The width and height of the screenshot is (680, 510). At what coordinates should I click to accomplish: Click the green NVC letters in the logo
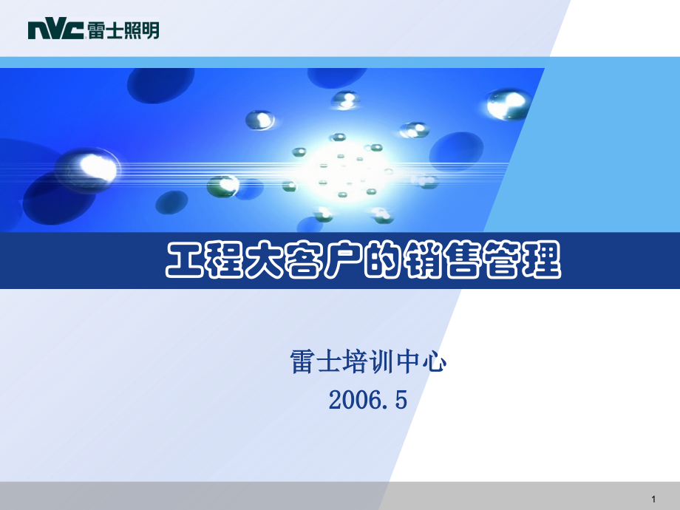(55, 30)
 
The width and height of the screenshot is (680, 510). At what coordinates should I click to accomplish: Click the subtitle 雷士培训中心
(370, 362)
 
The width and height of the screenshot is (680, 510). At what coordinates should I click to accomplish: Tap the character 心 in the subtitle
(437, 362)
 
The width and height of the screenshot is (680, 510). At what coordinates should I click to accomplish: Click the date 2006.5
(368, 400)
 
